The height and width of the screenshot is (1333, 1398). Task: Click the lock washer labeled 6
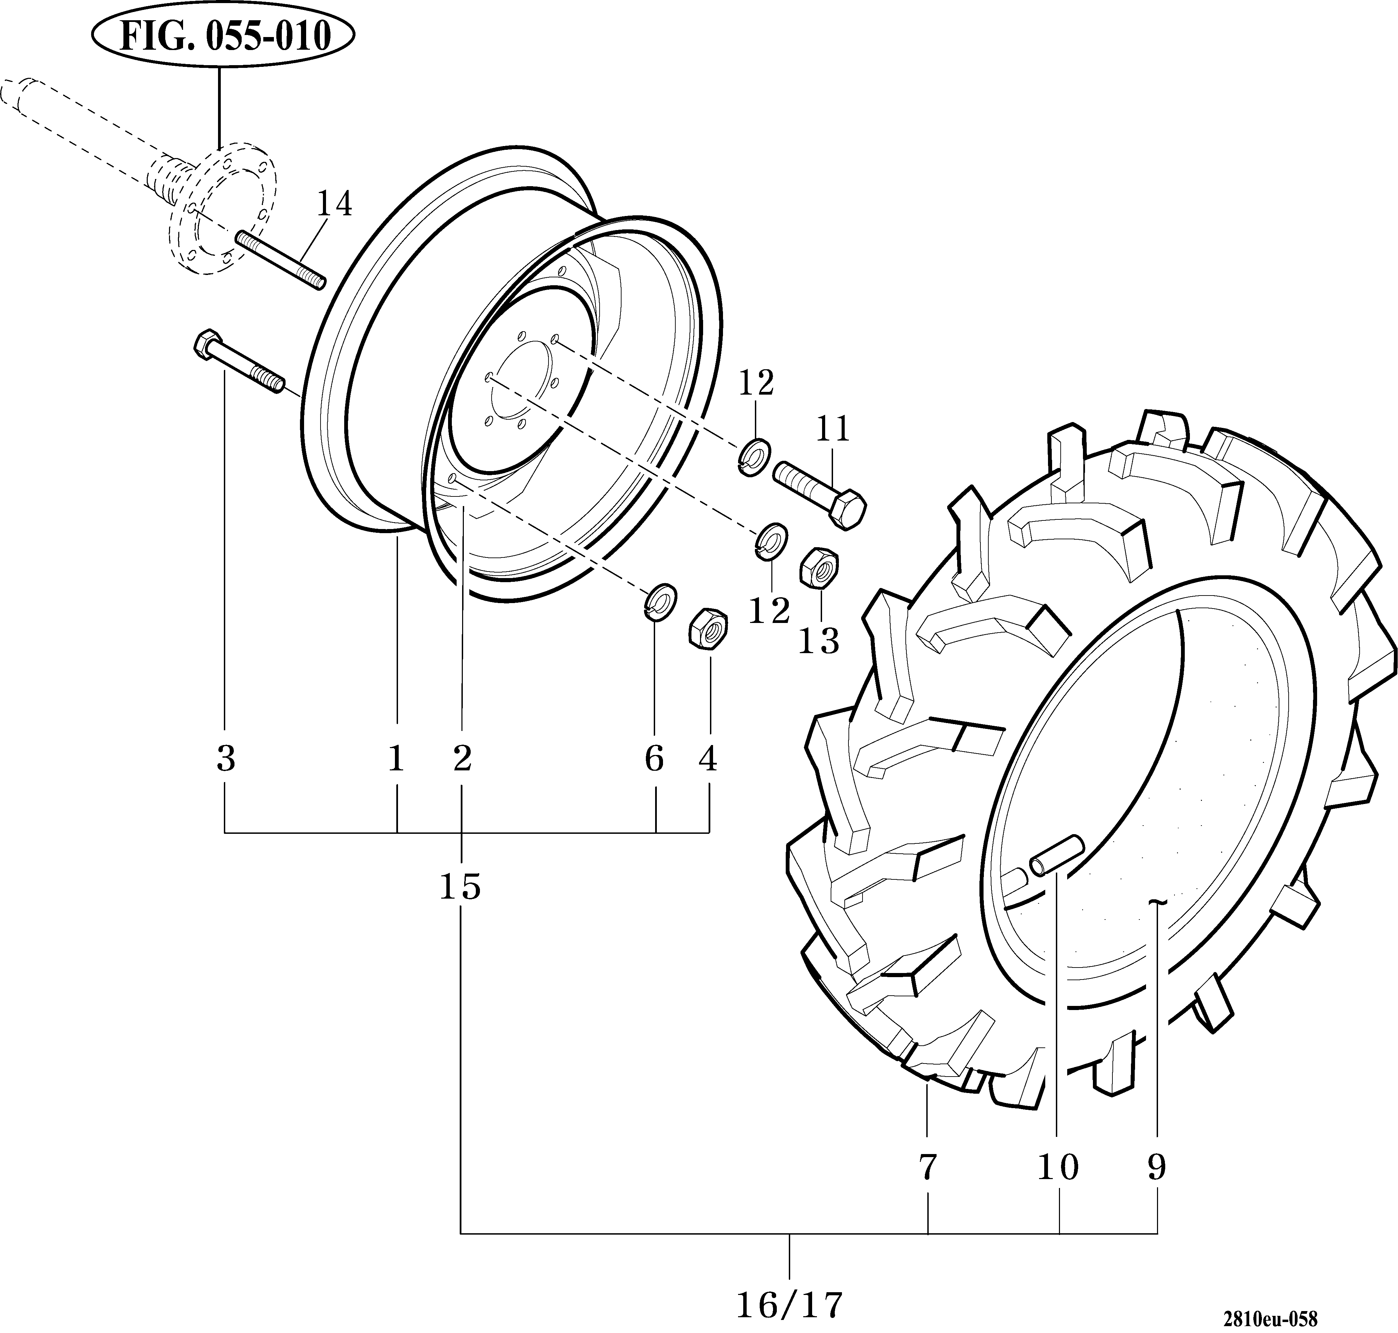660,600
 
